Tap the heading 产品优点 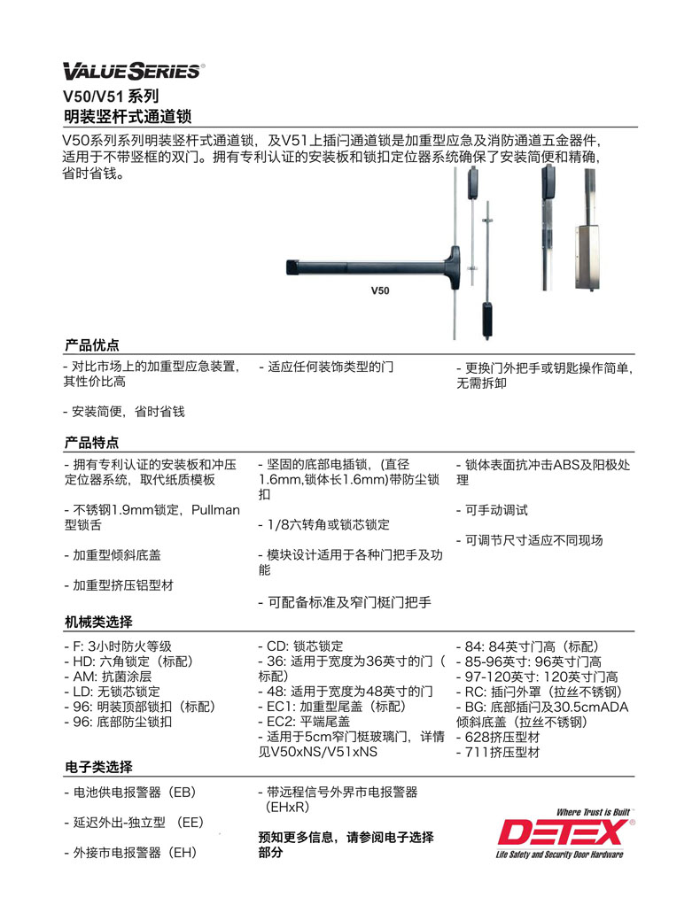point(92,345)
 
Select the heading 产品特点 point(92,442)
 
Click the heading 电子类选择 point(98,767)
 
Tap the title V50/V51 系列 point(112,96)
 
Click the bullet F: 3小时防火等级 point(118,646)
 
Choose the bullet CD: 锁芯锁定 point(299,646)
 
